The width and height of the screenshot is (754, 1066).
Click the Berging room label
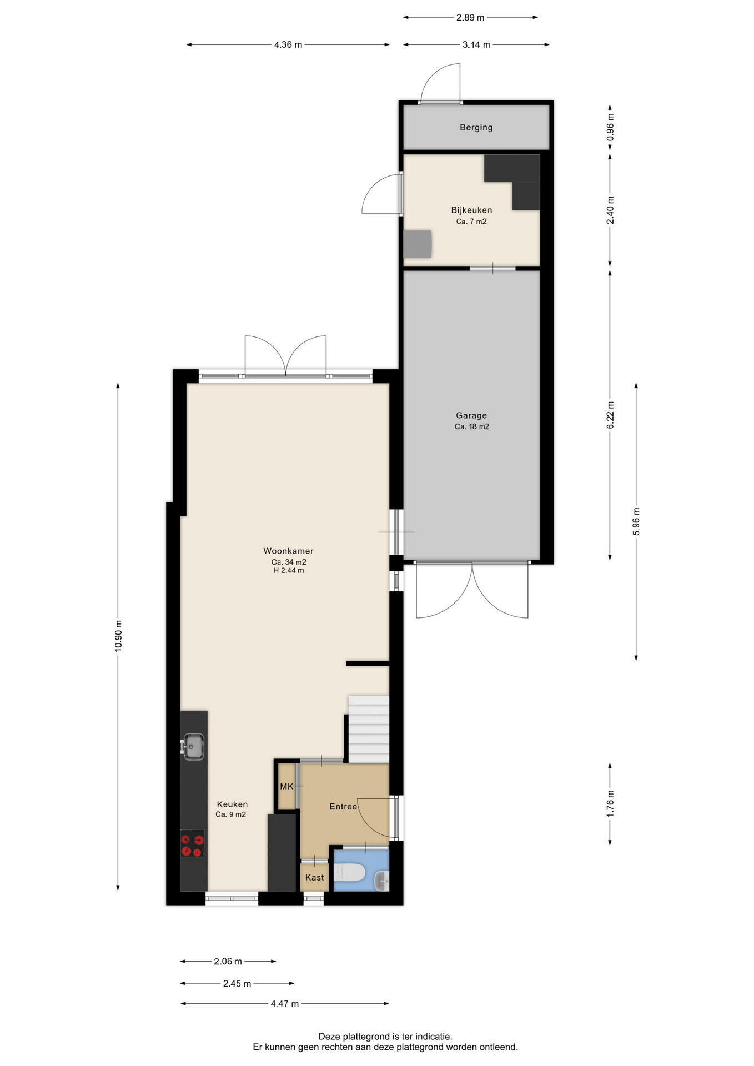point(476,128)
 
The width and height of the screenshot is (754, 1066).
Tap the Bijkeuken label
point(471,210)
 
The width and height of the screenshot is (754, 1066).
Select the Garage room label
point(471,416)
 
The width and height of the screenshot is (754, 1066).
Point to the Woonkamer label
point(288,551)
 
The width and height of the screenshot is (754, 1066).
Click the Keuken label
point(232,804)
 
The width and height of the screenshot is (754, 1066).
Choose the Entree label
point(343,807)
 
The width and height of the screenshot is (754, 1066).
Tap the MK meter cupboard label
point(286,787)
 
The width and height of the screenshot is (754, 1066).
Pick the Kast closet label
point(315,878)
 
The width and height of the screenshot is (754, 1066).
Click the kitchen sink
point(193,746)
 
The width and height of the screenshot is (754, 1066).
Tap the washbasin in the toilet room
point(382,880)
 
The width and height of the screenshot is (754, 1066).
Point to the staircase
point(368,729)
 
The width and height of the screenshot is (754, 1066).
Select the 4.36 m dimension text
point(288,45)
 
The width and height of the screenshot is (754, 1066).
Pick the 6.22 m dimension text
point(610,415)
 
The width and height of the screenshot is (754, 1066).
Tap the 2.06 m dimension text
point(228,961)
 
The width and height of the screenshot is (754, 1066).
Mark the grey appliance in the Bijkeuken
point(418,244)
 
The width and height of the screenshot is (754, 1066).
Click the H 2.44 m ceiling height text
point(289,570)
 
